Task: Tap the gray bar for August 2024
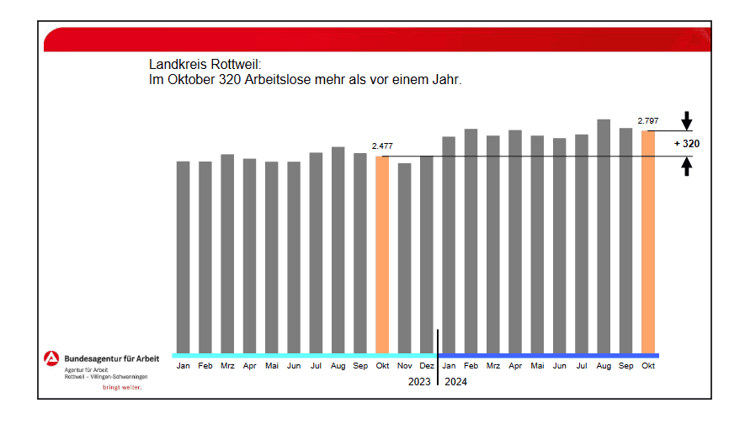(604, 236)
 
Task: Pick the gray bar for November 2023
(404, 257)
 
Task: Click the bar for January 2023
(183, 257)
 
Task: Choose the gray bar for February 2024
(471, 241)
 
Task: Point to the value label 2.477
(382, 146)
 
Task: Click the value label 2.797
(648, 121)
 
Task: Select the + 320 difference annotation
(687, 144)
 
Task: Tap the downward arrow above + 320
(687, 119)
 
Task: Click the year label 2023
(419, 381)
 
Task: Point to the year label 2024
(455, 381)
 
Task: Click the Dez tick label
(426, 366)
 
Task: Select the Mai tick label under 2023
(271, 366)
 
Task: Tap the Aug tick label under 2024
(604, 366)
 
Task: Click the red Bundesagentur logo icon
(51, 359)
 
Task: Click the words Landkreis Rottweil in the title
(205, 65)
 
